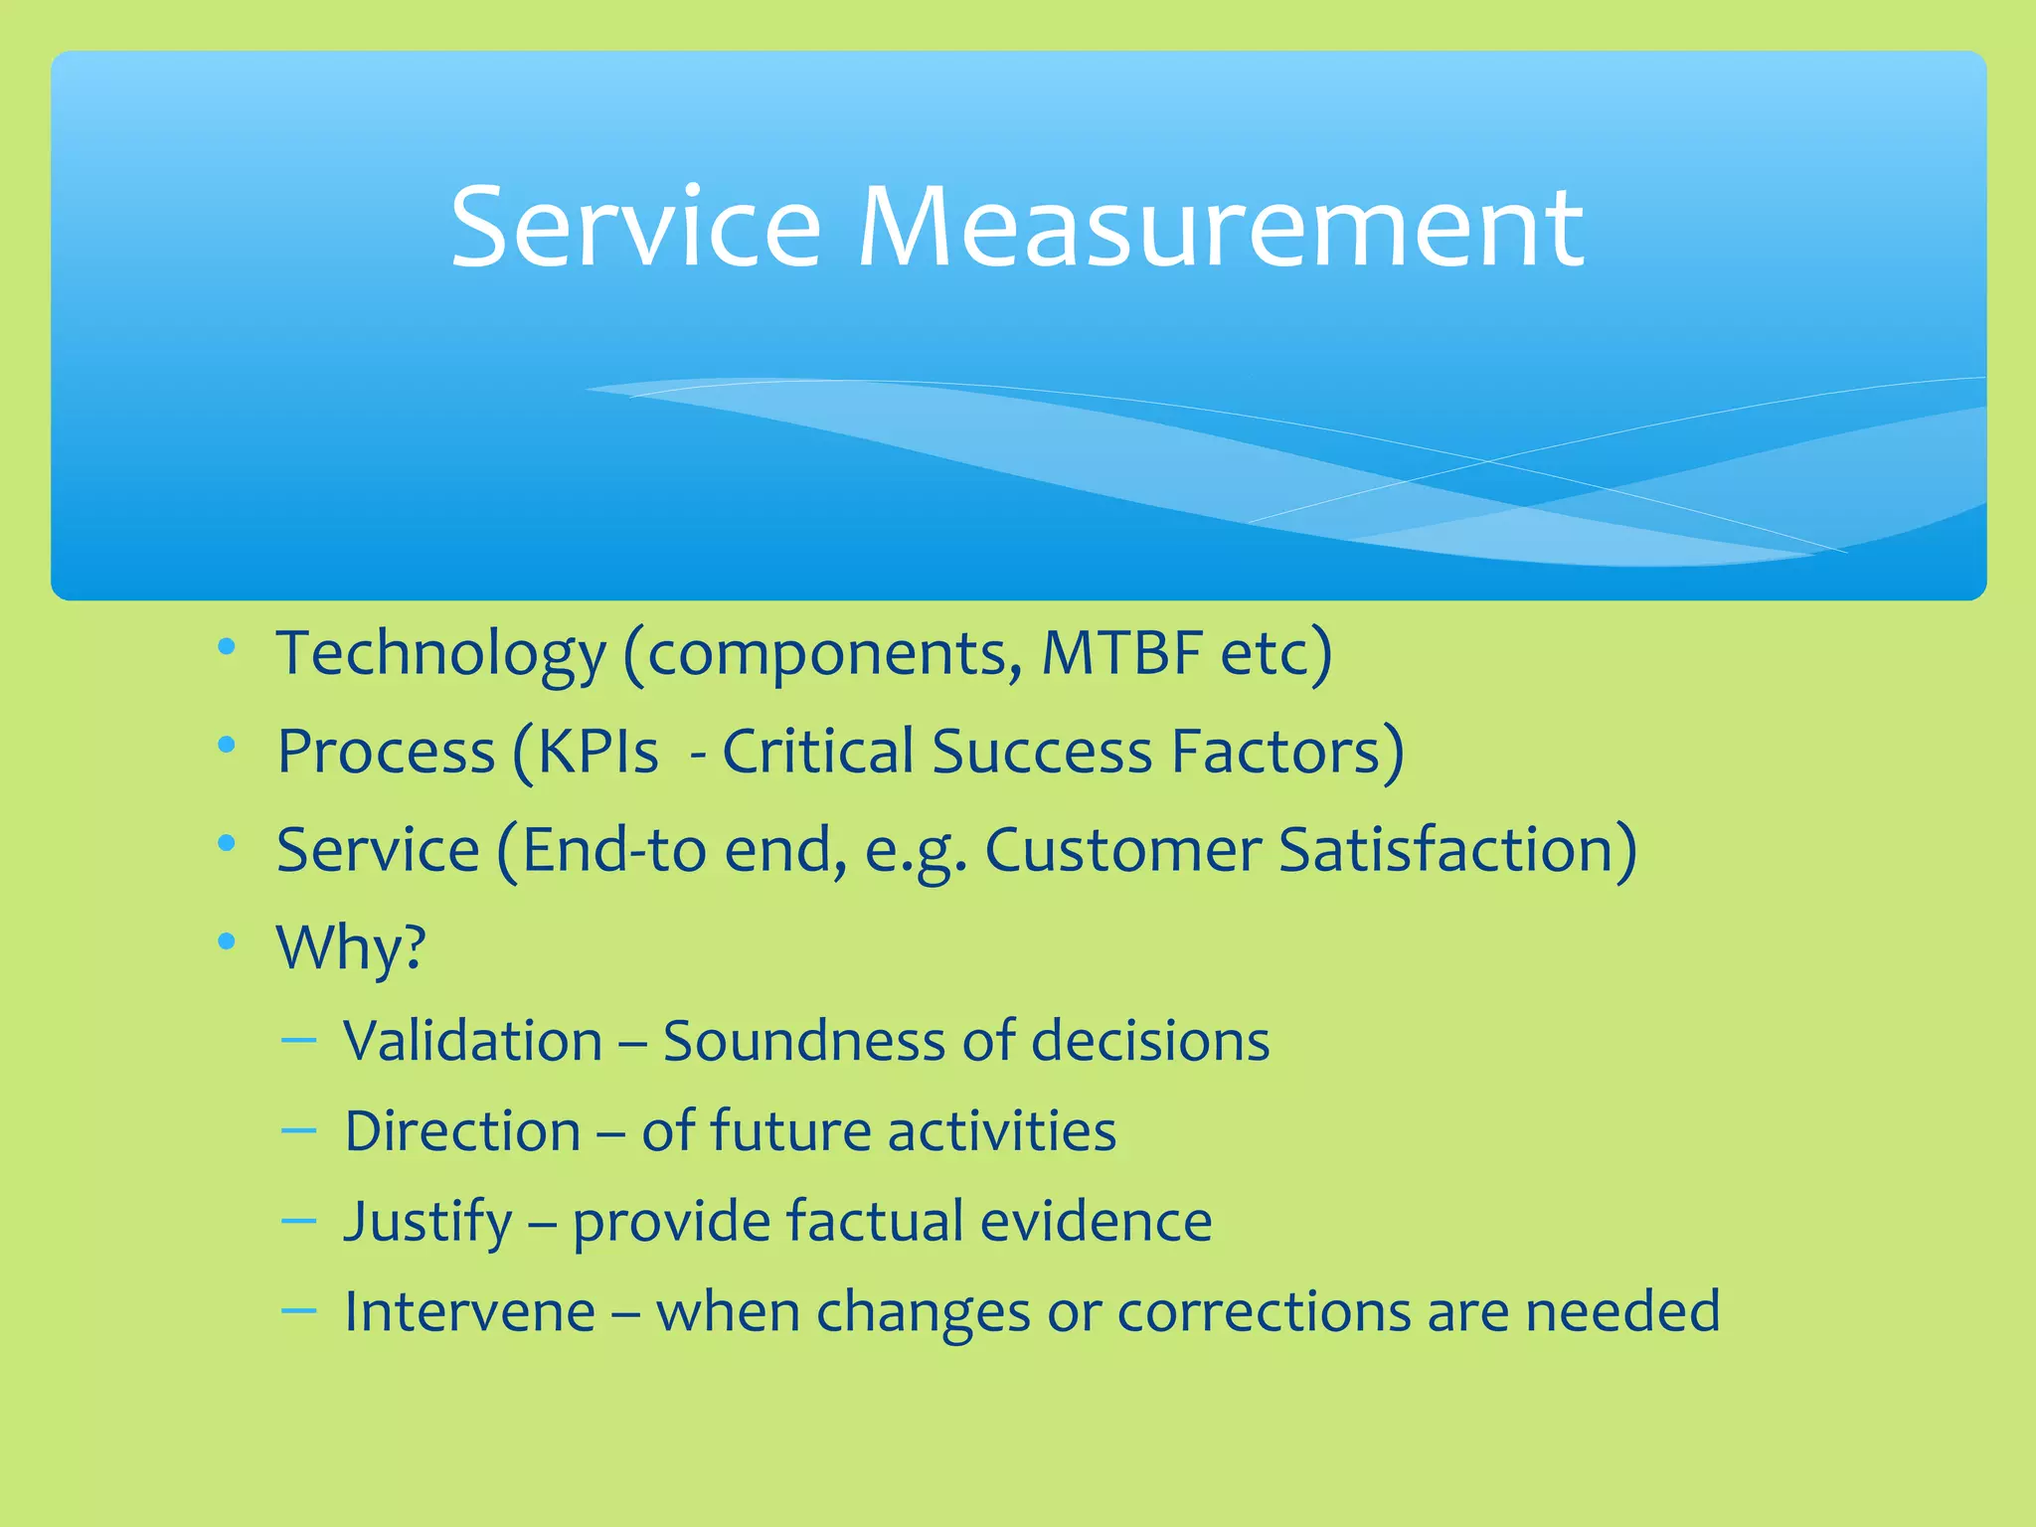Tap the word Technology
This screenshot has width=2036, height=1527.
tap(440, 654)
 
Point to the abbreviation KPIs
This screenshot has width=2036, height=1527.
tap(597, 751)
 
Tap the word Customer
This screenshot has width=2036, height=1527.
tap(1122, 850)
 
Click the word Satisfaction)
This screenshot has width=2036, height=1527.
tap(1457, 850)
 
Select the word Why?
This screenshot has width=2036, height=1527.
tap(351, 947)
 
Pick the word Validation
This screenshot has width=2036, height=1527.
tap(473, 1041)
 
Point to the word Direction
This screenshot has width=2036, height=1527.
tap(462, 1131)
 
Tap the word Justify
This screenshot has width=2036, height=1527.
tap(428, 1222)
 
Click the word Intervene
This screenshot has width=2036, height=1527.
tap(469, 1311)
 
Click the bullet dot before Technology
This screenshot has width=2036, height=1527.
tap(227, 648)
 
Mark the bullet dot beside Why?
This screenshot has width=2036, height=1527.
tap(227, 940)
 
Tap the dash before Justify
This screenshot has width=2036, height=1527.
tap(298, 1220)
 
